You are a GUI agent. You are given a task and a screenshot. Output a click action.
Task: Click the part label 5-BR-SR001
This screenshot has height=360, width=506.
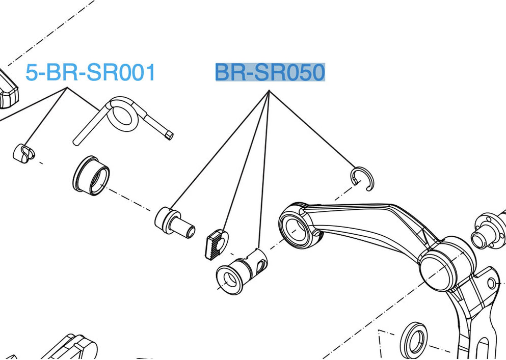(x=90, y=73)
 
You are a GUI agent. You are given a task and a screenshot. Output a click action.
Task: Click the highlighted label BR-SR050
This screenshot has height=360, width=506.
(x=270, y=73)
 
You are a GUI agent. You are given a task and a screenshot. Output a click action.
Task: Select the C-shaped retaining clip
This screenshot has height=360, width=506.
(x=362, y=178)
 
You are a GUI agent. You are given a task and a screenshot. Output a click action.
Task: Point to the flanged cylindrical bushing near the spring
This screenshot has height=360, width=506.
(x=91, y=176)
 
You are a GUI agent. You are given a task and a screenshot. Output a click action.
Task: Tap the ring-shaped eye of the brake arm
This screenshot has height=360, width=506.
(x=296, y=225)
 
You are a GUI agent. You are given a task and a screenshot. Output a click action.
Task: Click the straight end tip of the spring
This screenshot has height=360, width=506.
(x=169, y=135)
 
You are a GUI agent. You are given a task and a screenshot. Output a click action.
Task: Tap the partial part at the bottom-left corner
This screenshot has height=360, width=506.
(x=76, y=349)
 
